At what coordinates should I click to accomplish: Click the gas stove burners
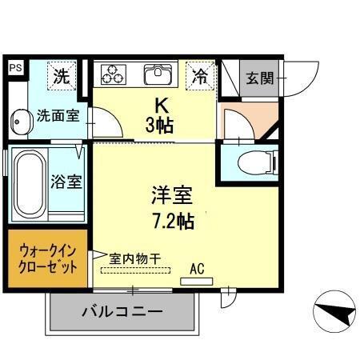pos(113,74)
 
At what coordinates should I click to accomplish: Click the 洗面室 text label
pos(58,115)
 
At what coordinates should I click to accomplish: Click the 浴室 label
pos(66,181)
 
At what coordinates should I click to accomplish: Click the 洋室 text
pos(171,194)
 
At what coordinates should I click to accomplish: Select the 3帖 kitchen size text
pos(159,126)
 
